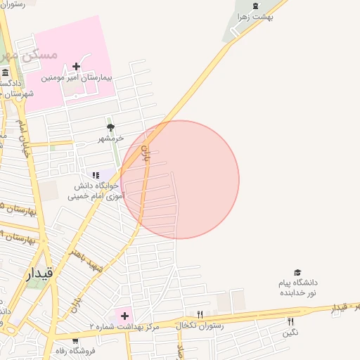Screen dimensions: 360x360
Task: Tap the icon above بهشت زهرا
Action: tap(255, 6)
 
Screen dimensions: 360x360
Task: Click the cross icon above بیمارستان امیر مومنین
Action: tap(76, 67)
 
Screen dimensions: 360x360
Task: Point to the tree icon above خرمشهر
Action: tap(110, 127)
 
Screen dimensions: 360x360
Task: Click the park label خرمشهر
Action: tap(110, 138)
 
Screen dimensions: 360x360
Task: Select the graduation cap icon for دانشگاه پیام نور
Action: tap(297, 273)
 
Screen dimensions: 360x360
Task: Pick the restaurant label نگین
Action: tap(290, 333)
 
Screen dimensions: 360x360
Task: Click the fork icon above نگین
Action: tap(290, 321)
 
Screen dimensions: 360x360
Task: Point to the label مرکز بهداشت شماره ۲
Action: tap(124, 327)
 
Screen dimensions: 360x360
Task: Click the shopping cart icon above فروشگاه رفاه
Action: tap(75, 341)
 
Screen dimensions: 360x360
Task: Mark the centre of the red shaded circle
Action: tap(180, 179)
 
